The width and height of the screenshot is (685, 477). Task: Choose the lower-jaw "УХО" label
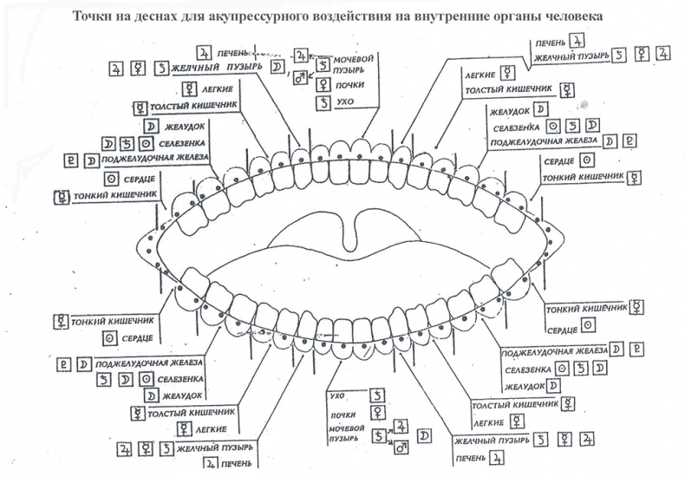[x=337, y=395]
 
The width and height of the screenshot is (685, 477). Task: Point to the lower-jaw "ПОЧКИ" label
[x=342, y=415]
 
